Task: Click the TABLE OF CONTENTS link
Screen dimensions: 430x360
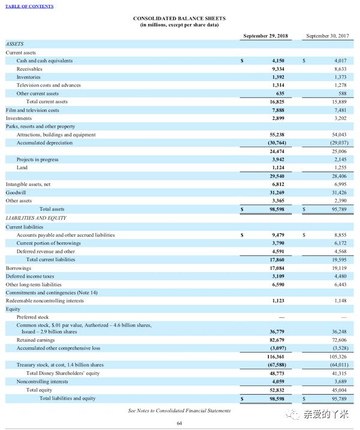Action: coord(29,6)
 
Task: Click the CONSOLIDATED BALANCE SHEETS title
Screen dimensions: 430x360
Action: coord(179,19)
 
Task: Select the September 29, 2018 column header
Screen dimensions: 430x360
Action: coord(265,36)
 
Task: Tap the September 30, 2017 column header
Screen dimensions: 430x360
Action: coord(327,36)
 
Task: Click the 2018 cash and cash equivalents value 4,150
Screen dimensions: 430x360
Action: coord(277,61)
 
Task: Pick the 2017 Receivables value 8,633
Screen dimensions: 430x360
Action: coord(340,69)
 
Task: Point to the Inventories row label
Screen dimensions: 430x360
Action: coord(28,77)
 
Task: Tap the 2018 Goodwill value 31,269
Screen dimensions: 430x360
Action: coord(274,193)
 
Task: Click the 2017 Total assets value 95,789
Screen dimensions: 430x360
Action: coord(339,209)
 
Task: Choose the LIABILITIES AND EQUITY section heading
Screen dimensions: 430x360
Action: coord(36,218)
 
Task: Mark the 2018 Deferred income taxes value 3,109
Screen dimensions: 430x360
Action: coord(275,276)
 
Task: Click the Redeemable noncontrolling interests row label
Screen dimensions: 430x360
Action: coord(45,300)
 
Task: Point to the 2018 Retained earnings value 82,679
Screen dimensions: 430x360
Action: coord(274,339)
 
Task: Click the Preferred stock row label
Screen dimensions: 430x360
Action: coord(33,317)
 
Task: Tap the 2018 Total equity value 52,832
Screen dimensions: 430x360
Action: coord(274,389)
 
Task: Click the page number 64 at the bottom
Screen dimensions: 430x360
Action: coord(179,423)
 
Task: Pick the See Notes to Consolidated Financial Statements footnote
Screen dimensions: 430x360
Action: coord(179,410)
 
